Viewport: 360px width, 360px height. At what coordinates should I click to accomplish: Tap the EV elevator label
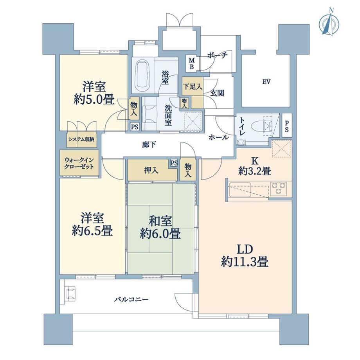click(x=266, y=82)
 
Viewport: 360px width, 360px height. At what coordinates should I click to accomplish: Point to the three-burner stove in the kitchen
click(x=278, y=188)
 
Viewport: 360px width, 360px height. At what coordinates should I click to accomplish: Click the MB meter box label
click(x=191, y=64)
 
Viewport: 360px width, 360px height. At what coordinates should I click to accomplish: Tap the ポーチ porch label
click(x=217, y=55)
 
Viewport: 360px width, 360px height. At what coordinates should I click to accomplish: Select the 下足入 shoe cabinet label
click(x=193, y=86)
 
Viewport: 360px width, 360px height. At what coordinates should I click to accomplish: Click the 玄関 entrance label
click(x=217, y=93)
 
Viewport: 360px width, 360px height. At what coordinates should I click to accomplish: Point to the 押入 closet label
click(x=151, y=170)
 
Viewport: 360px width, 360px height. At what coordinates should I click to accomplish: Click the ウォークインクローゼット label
click(x=79, y=163)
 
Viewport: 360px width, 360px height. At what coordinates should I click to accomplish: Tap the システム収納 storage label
click(x=81, y=139)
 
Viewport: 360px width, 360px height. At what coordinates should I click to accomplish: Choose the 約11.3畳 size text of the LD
click(x=245, y=261)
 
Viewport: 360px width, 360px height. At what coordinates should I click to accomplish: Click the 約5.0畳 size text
click(x=94, y=100)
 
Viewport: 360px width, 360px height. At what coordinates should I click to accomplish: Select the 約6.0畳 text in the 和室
click(x=160, y=234)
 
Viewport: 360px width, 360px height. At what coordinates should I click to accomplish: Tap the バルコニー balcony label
click(x=131, y=299)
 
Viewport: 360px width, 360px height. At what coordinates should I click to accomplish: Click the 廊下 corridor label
click(x=149, y=145)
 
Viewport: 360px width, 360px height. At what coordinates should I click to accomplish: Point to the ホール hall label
click(x=219, y=137)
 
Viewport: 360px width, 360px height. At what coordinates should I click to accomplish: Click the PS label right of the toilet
click(x=287, y=126)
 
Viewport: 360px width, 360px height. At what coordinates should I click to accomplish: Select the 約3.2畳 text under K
click(x=254, y=171)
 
